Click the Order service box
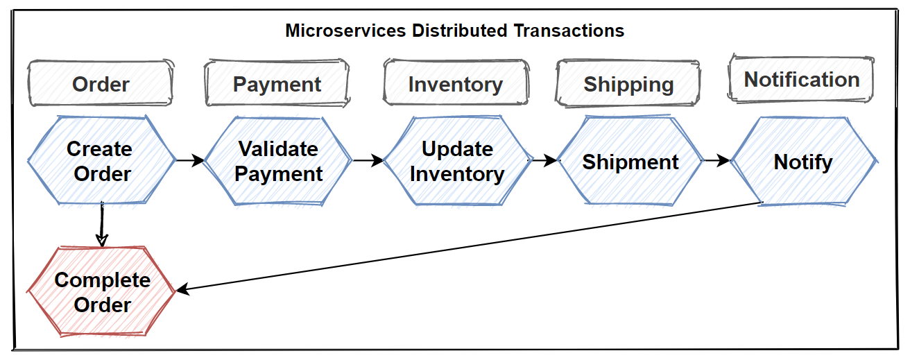coord(101,84)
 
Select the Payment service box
coord(277,84)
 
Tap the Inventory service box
coord(455,84)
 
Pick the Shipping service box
coord(628,84)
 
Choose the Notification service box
coord(801,80)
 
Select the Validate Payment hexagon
coord(278,161)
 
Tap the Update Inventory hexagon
coord(456,161)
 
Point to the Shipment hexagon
coord(630,162)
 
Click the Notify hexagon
coord(803,162)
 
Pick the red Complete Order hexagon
coord(102,292)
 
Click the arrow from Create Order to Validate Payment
coord(190,160)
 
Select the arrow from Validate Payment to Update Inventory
coord(368,160)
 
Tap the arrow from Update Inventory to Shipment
coord(544,160)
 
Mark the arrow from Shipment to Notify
coord(716,160)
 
